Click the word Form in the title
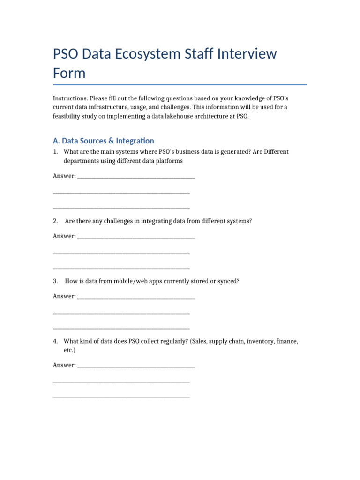point(69,73)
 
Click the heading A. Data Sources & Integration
point(104,141)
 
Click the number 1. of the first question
point(55,152)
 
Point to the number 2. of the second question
point(55,221)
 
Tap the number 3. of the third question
point(55,281)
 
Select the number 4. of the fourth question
point(55,341)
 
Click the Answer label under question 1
point(64,176)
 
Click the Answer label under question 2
point(64,236)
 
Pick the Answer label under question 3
point(64,296)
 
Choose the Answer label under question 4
point(64,365)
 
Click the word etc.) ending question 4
point(69,350)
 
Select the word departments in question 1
point(81,161)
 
